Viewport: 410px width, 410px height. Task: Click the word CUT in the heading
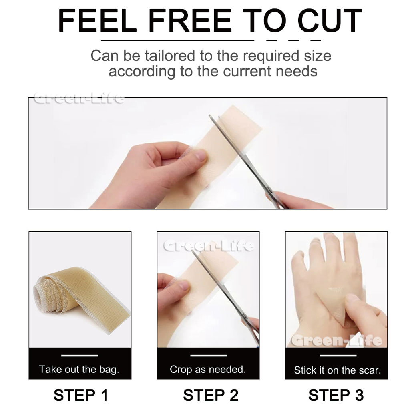330,20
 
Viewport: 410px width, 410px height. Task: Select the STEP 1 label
81,395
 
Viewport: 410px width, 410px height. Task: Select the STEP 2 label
211,395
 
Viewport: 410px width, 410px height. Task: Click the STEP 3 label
336,395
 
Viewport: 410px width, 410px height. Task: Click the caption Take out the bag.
79,369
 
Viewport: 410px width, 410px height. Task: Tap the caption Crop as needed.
208,369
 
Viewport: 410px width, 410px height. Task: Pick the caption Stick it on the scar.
337,370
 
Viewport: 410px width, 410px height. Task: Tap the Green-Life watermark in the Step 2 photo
209,246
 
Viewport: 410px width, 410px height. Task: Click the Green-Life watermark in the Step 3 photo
336,340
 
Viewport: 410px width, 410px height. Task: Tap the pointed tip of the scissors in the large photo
210,115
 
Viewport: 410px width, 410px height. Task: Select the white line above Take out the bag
80,356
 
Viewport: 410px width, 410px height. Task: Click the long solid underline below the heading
177,40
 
